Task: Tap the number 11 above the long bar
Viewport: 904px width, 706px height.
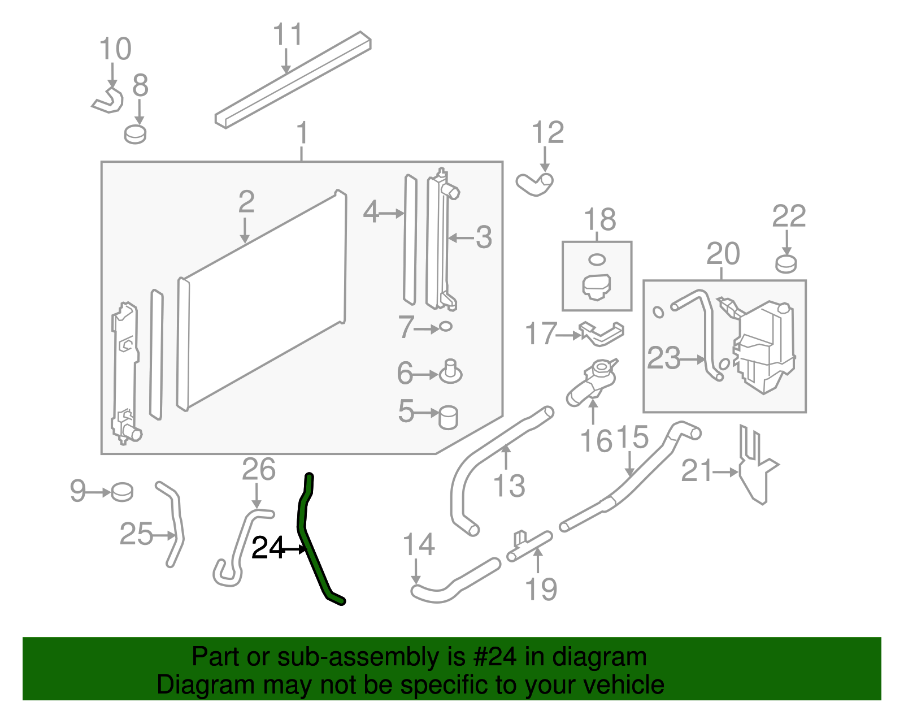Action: [x=288, y=35]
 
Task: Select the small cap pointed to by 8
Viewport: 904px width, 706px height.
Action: [x=136, y=135]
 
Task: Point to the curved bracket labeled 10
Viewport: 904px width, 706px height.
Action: [x=109, y=101]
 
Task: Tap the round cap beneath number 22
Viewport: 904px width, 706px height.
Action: [x=786, y=263]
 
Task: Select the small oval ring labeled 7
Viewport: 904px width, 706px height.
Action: [x=446, y=327]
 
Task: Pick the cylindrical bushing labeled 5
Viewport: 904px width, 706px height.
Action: [x=448, y=417]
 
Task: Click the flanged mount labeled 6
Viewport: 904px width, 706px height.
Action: [x=450, y=372]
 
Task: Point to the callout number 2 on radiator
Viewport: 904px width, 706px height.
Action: [x=246, y=202]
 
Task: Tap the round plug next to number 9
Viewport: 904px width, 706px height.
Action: [x=122, y=492]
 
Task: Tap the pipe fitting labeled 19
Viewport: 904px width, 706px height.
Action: [x=528, y=547]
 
